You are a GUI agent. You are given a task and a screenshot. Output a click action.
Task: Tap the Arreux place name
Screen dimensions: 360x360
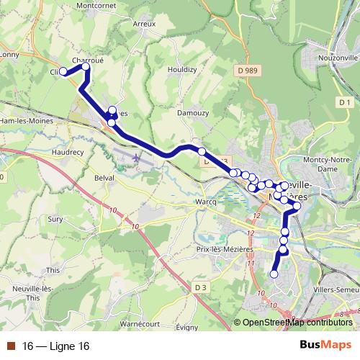point(144,24)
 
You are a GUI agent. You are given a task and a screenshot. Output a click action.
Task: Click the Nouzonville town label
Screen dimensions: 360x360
point(336,56)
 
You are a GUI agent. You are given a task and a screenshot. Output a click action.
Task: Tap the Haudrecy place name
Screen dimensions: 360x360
point(69,153)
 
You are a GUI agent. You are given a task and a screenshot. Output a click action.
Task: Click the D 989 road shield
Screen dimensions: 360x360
point(265,69)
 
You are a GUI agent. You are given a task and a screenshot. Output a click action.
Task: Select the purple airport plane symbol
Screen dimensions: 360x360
point(138,156)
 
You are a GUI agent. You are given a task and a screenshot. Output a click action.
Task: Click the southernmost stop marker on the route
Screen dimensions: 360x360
point(274,274)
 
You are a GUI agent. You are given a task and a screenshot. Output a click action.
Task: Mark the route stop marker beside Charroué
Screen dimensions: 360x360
point(86,67)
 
